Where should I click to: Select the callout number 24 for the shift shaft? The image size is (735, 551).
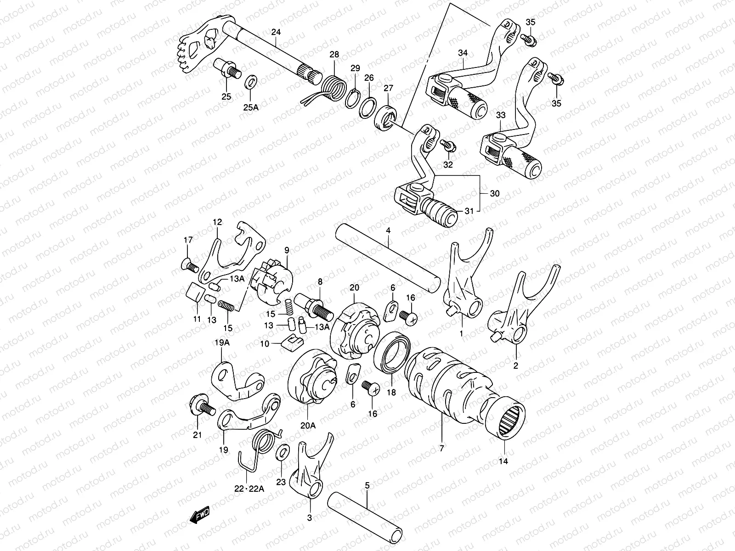click(x=275, y=32)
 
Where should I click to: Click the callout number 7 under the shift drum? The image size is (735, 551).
click(x=442, y=448)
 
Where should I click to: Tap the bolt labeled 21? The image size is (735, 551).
click(x=201, y=407)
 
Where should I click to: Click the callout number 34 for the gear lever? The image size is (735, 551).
click(x=462, y=53)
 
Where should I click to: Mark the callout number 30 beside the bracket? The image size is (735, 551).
click(x=494, y=194)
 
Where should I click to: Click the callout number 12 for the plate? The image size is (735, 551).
click(x=217, y=222)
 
